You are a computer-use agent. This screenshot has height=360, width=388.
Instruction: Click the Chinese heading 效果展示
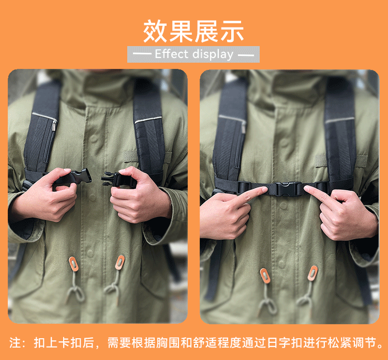(193, 31)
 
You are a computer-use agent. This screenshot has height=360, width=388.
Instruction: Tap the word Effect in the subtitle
(171, 54)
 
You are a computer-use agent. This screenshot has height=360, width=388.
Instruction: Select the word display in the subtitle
(213, 54)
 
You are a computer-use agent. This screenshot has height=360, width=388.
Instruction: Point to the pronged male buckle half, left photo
(114, 179)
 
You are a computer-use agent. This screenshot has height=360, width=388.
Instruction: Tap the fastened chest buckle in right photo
(287, 189)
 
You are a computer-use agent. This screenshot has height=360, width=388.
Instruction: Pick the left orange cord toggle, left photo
(73, 264)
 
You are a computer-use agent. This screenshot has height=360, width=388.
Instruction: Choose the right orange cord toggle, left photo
(120, 263)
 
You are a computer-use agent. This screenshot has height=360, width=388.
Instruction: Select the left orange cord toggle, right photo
(265, 276)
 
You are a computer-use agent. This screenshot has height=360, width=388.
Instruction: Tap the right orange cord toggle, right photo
(312, 273)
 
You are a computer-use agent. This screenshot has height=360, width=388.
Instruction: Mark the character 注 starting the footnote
(15, 343)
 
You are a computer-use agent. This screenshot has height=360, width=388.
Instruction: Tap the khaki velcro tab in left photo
(130, 156)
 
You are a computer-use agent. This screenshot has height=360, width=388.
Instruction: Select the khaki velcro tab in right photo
(321, 161)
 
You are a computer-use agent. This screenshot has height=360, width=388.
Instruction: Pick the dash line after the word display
(246, 55)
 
